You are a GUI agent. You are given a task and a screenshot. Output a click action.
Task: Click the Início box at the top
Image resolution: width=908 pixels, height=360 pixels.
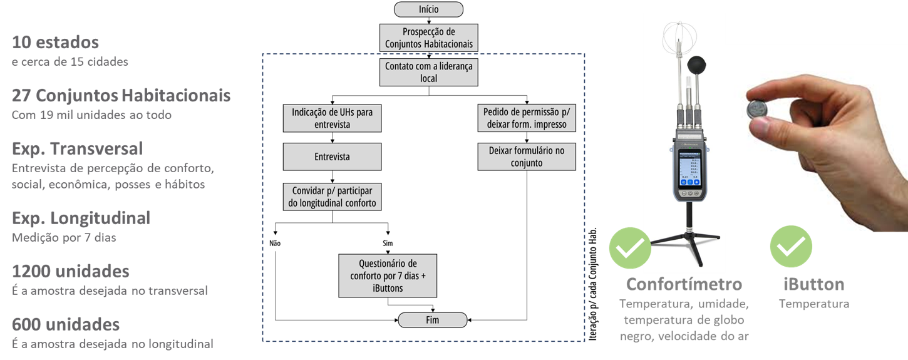pyautogui.click(x=428, y=9)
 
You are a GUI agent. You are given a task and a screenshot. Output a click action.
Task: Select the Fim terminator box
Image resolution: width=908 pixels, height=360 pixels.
pyautogui.click(x=432, y=320)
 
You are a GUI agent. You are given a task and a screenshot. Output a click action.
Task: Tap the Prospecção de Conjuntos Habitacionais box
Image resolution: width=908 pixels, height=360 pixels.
pyautogui.click(x=428, y=38)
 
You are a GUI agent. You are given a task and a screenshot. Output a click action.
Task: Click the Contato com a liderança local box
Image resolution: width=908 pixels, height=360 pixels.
pyautogui.click(x=428, y=73)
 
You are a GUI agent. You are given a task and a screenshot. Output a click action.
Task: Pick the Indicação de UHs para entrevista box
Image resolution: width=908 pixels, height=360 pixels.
pyautogui.click(x=332, y=118)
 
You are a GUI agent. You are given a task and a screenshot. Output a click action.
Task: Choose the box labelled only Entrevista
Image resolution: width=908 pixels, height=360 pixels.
pyautogui.click(x=332, y=157)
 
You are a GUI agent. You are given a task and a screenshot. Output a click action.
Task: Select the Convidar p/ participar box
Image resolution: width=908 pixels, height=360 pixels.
pyautogui.click(x=332, y=197)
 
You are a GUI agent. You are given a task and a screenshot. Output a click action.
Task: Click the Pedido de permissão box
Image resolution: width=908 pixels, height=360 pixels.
pyautogui.click(x=527, y=118)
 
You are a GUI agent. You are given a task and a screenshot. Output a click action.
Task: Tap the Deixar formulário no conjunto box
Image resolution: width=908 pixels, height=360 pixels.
pyautogui.click(x=527, y=157)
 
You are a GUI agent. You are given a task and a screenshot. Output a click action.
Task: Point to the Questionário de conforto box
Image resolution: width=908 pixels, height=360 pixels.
pyautogui.click(x=388, y=275)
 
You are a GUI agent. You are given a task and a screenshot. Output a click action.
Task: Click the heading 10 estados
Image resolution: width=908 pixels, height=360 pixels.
pyautogui.click(x=55, y=43)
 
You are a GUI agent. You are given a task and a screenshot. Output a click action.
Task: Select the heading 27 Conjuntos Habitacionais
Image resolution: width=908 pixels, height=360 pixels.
pyautogui.click(x=121, y=96)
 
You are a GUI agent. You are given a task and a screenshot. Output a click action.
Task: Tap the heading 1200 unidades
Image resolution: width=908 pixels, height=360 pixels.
pyautogui.click(x=71, y=272)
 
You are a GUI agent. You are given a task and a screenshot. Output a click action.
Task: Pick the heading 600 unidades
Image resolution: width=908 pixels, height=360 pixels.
pyautogui.click(x=66, y=325)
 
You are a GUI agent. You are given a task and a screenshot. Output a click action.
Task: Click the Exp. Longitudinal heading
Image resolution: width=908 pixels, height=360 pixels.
pyautogui.click(x=81, y=219)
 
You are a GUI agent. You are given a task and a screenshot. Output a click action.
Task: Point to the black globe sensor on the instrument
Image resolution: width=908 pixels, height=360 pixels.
pyautogui.click(x=698, y=65)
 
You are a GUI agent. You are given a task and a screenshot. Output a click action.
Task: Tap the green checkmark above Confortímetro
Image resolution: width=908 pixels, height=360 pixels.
pyautogui.click(x=630, y=248)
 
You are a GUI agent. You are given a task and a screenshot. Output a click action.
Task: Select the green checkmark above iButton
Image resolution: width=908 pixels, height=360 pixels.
pyautogui.click(x=791, y=247)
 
